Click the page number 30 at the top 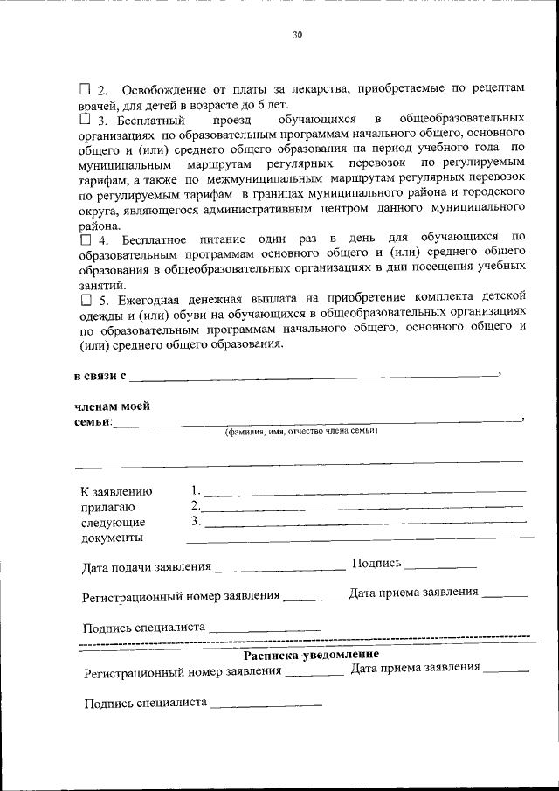(x=296, y=35)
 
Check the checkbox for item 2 (x=85, y=90)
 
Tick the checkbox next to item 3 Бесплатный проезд (x=85, y=119)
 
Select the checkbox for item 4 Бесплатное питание (x=85, y=239)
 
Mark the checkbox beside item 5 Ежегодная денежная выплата (x=85, y=299)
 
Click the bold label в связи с (x=100, y=377)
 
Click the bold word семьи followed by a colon (x=93, y=422)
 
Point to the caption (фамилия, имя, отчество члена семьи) (x=301, y=431)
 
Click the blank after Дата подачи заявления (x=279, y=569)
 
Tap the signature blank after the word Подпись (x=440, y=566)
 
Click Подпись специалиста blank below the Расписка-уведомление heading (x=266, y=704)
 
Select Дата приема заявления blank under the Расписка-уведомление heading (x=507, y=670)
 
